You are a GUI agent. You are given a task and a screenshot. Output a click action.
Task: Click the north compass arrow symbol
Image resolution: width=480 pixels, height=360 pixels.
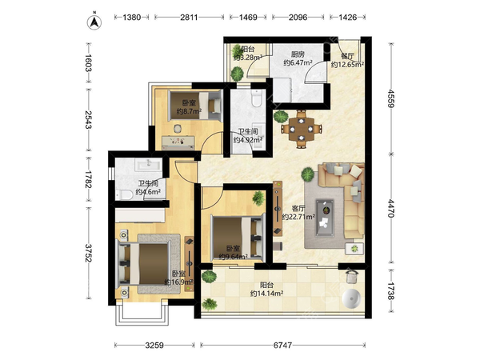point(94,22)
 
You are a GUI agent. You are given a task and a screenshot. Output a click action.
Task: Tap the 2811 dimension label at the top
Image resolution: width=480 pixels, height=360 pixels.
point(189,17)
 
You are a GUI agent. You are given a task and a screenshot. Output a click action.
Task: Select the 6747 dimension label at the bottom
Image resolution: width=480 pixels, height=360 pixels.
point(282,346)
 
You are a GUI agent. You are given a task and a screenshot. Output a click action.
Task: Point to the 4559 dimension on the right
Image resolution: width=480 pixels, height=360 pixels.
point(390,98)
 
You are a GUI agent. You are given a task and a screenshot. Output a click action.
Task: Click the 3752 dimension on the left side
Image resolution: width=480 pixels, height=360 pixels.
point(88,253)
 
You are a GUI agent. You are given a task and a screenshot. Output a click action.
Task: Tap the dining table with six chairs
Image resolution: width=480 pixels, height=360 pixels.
point(302,129)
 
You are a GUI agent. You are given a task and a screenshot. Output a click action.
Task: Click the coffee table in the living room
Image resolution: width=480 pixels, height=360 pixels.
point(325,218)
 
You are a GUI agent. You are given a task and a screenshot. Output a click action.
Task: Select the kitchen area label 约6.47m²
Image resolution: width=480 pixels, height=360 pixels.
point(298,62)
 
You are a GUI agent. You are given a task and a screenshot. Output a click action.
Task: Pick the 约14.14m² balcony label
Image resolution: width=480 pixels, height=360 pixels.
point(266,294)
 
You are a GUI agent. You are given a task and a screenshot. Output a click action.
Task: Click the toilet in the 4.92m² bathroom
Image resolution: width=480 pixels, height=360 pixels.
point(256,98)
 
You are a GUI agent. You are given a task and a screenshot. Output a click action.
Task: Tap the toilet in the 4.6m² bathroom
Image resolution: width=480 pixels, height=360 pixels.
point(124,194)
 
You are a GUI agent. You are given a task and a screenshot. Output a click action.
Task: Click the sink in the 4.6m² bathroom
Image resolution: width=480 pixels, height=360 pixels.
point(149,164)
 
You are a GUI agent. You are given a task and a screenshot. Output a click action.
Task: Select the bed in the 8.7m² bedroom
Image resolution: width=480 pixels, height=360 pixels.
point(195,106)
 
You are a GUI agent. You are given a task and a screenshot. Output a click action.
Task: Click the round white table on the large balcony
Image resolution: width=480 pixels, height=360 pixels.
point(351,298)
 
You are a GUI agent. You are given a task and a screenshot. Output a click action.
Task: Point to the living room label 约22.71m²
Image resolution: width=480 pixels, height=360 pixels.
point(298,217)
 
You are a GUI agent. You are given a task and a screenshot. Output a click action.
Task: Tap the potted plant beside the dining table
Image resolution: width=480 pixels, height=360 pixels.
point(281,116)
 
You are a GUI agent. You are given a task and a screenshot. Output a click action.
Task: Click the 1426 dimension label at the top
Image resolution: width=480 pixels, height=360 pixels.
point(348,17)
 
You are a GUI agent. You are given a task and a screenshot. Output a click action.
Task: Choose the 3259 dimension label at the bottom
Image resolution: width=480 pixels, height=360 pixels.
point(154,346)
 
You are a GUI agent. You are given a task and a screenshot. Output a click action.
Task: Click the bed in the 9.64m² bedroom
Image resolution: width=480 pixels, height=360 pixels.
point(238,238)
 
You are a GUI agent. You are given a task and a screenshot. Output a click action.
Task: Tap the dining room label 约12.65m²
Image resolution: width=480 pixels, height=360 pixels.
point(347,65)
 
